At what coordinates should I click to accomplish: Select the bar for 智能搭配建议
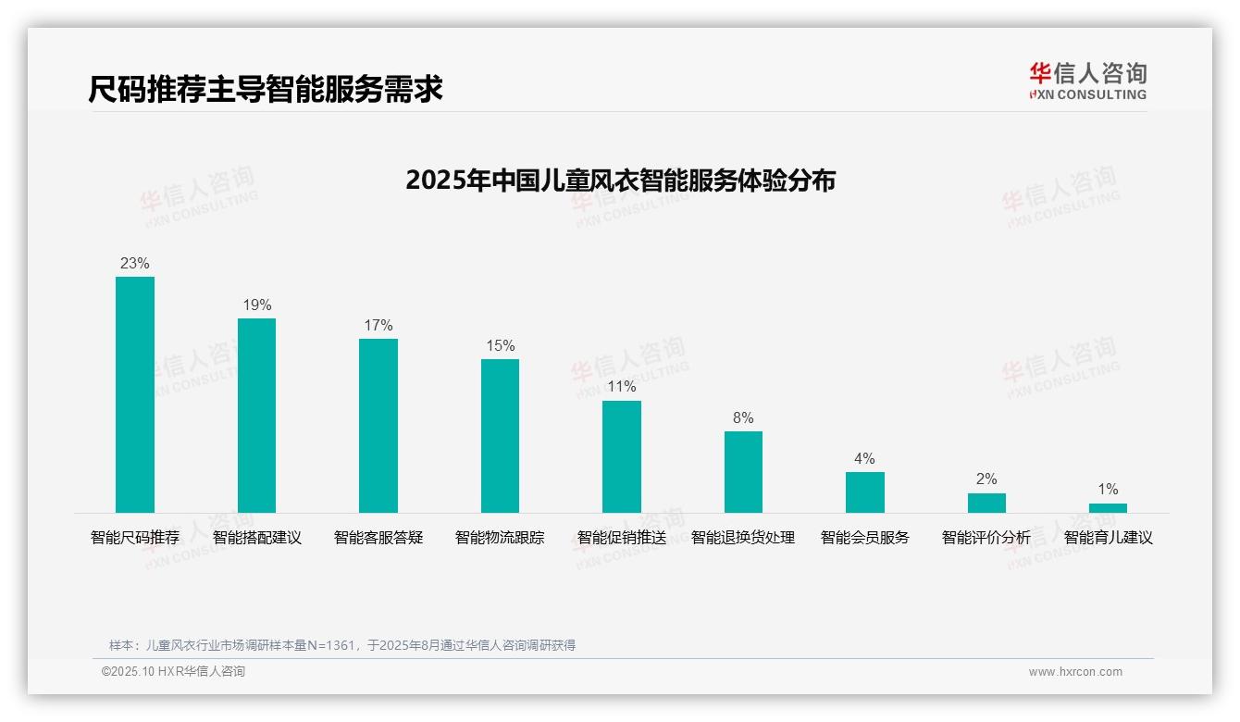pyautogui.click(x=256, y=416)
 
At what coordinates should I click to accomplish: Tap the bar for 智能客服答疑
pyautogui.click(x=378, y=426)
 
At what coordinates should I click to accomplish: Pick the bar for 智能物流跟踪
pyautogui.click(x=500, y=436)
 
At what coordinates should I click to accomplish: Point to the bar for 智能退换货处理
pyautogui.click(x=743, y=472)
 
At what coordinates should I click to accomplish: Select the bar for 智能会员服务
pyautogui.click(x=865, y=492)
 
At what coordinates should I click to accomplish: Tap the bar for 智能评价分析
pyautogui.click(x=986, y=503)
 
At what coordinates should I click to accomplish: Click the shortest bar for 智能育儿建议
pyautogui.click(x=1108, y=508)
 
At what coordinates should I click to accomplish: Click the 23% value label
pyautogui.click(x=135, y=263)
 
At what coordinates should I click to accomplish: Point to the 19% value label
pyautogui.click(x=256, y=305)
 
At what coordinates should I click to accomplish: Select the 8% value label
pyautogui.click(x=743, y=417)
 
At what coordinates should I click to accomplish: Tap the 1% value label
pyautogui.click(x=1108, y=489)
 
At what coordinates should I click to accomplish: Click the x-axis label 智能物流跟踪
pyautogui.click(x=500, y=537)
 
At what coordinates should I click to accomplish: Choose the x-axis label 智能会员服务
pyautogui.click(x=865, y=537)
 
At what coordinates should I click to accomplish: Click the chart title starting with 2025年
pyautogui.click(x=620, y=180)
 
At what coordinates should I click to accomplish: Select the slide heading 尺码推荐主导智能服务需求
pyautogui.click(x=266, y=89)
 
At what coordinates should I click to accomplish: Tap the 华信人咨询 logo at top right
pyautogui.click(x=1087, y=81)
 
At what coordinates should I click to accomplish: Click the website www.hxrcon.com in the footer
pyautogui.click(x=1075, y=671)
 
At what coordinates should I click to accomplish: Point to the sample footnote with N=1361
pyautogui.click(x=342, y=645)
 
